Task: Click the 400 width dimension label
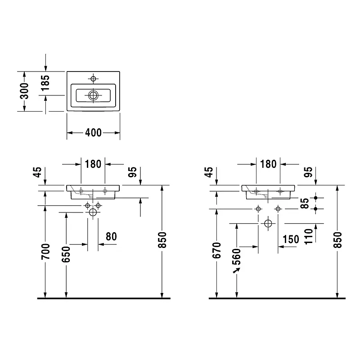coord(93,133)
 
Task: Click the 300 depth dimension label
coord(24,91)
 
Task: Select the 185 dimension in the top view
coord(45,83)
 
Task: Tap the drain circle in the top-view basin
coord(93,95)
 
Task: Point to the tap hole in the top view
coord(93,79)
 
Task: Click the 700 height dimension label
coord(45,252)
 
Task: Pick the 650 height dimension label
coord(66,254)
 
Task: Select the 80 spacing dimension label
coord(111,237)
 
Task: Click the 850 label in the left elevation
coord(162,240)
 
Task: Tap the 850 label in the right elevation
coord(337,240)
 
